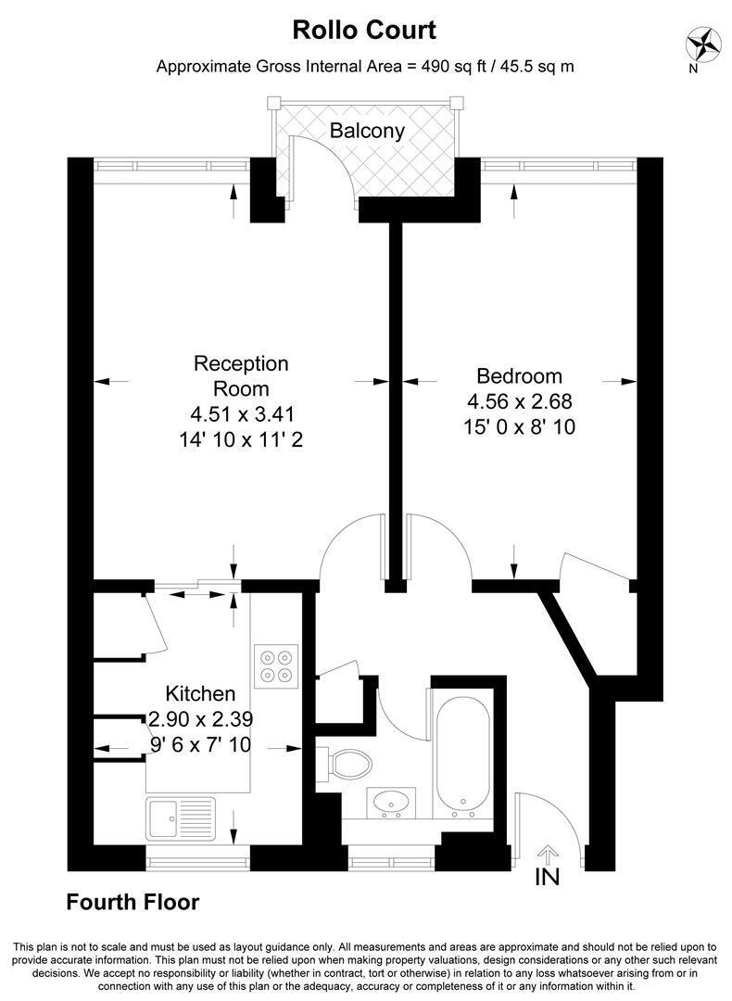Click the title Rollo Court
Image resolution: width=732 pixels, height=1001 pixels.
tap(364, 30)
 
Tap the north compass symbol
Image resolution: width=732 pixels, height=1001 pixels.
tap(700, 44)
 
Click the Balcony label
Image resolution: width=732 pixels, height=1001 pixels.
tap(367, 131)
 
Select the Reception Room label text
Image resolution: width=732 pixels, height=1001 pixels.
tap(241, 375)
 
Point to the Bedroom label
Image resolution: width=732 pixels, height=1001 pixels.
tap(520, 375)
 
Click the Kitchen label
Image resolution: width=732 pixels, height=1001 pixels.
tap(200, 693)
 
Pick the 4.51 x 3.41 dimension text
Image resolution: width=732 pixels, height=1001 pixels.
tap(243, 414)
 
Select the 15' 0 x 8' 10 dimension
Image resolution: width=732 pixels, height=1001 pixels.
tap(520, 426)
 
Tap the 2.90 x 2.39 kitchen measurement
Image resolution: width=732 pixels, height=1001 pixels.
tap(201, 719)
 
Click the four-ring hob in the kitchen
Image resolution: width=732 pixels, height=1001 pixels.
tap(276, 666)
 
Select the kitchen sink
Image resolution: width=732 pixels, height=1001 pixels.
tap(181, 819)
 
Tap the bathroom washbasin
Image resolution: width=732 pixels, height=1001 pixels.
tap(391, 803)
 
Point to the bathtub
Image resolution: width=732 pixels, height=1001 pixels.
tap(462, 753)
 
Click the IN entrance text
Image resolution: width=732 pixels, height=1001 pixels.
tap(548, 877)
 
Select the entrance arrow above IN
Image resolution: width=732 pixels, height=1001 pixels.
tap(548, 855)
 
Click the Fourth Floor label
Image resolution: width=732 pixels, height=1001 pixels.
tap(133, 902)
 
